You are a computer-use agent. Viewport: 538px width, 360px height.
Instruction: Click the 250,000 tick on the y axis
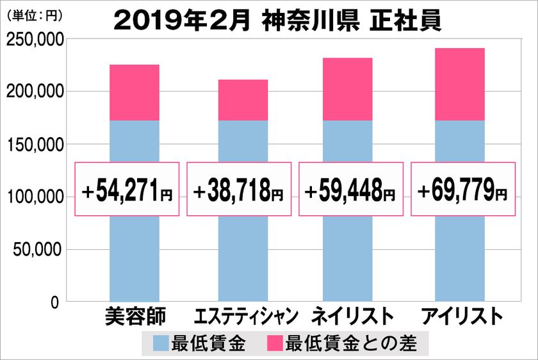[x=33, y=40]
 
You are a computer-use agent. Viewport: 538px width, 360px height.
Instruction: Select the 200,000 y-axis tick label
[x=33, y=92]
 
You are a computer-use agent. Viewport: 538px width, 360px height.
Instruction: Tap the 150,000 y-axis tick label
[x=33, y=145]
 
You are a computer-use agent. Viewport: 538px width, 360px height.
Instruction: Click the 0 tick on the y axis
[x=55, y=302]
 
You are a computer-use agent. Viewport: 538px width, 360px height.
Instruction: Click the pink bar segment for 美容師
[x=134, y=92]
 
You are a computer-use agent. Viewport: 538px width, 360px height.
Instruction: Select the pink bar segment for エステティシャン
[x=243, y=100]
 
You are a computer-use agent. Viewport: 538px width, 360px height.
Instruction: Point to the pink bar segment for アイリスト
[x=459, y=84]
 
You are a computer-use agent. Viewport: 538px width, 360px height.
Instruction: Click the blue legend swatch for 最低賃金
[x=161, y=344]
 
